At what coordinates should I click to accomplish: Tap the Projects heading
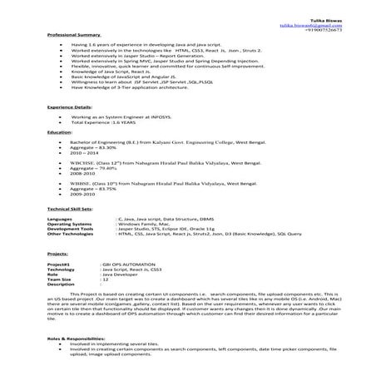tap(57, 254)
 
